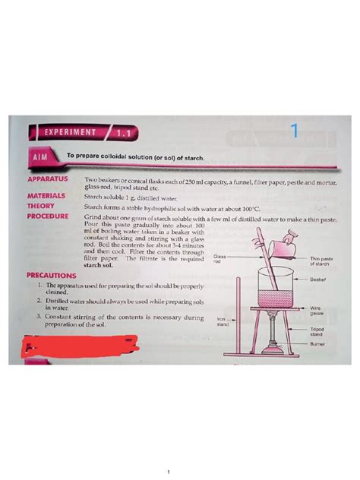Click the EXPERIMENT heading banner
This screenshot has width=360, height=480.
coord(73,132)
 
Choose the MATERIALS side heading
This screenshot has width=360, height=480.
coord(46,195)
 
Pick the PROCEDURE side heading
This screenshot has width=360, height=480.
coord(49,216)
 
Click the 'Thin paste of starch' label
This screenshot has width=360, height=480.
coord(322,261)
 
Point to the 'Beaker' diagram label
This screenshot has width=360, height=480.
coord(318,279)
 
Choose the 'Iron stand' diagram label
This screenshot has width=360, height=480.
coord(223,322)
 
